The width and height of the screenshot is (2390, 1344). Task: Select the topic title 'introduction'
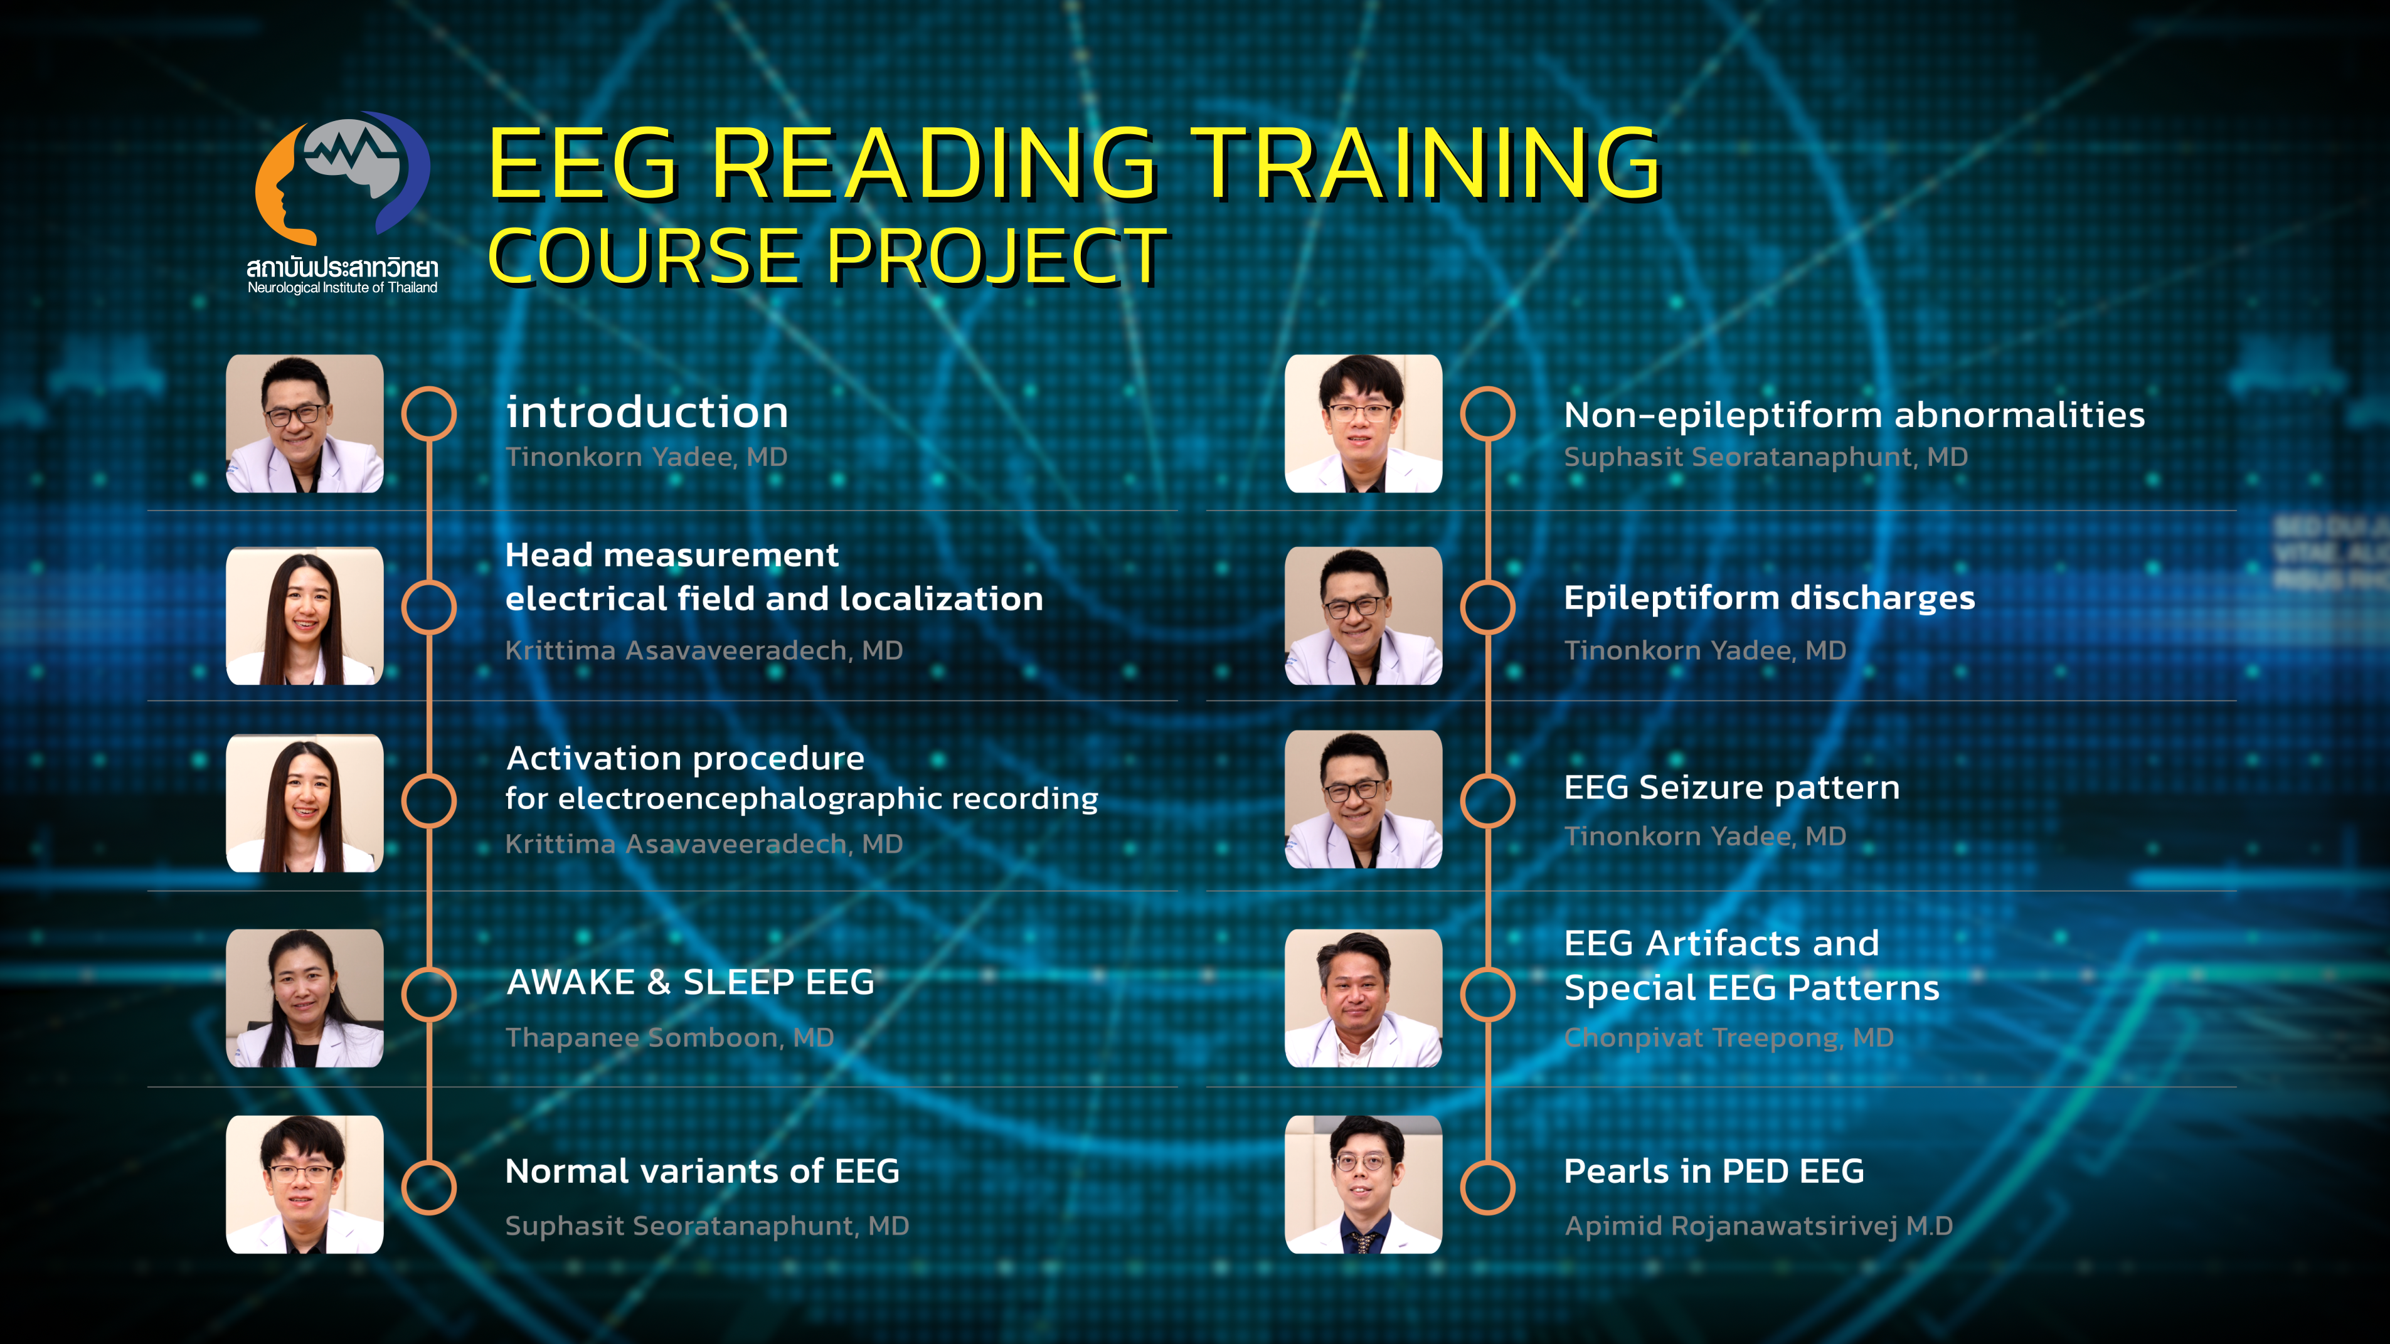coord(647,412)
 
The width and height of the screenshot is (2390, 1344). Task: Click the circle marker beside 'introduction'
coord(428,414)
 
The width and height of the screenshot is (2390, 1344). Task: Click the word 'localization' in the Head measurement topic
coord(941,598)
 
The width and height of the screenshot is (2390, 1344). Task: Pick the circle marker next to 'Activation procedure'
coord(428,800)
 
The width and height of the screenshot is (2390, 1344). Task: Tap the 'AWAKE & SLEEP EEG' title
coord(690,982)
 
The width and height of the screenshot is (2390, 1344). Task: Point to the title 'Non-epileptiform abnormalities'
coord(1854,416)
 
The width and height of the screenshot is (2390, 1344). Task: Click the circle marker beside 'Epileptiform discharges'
coord(1487,608)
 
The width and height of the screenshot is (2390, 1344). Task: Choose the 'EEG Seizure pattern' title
coord(1731,788)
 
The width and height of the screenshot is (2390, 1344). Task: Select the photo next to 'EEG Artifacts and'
coord(1364,998)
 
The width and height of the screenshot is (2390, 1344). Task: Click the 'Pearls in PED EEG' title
coord(1714,1172)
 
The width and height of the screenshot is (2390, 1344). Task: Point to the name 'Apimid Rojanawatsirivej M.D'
coord(1758,1226)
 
